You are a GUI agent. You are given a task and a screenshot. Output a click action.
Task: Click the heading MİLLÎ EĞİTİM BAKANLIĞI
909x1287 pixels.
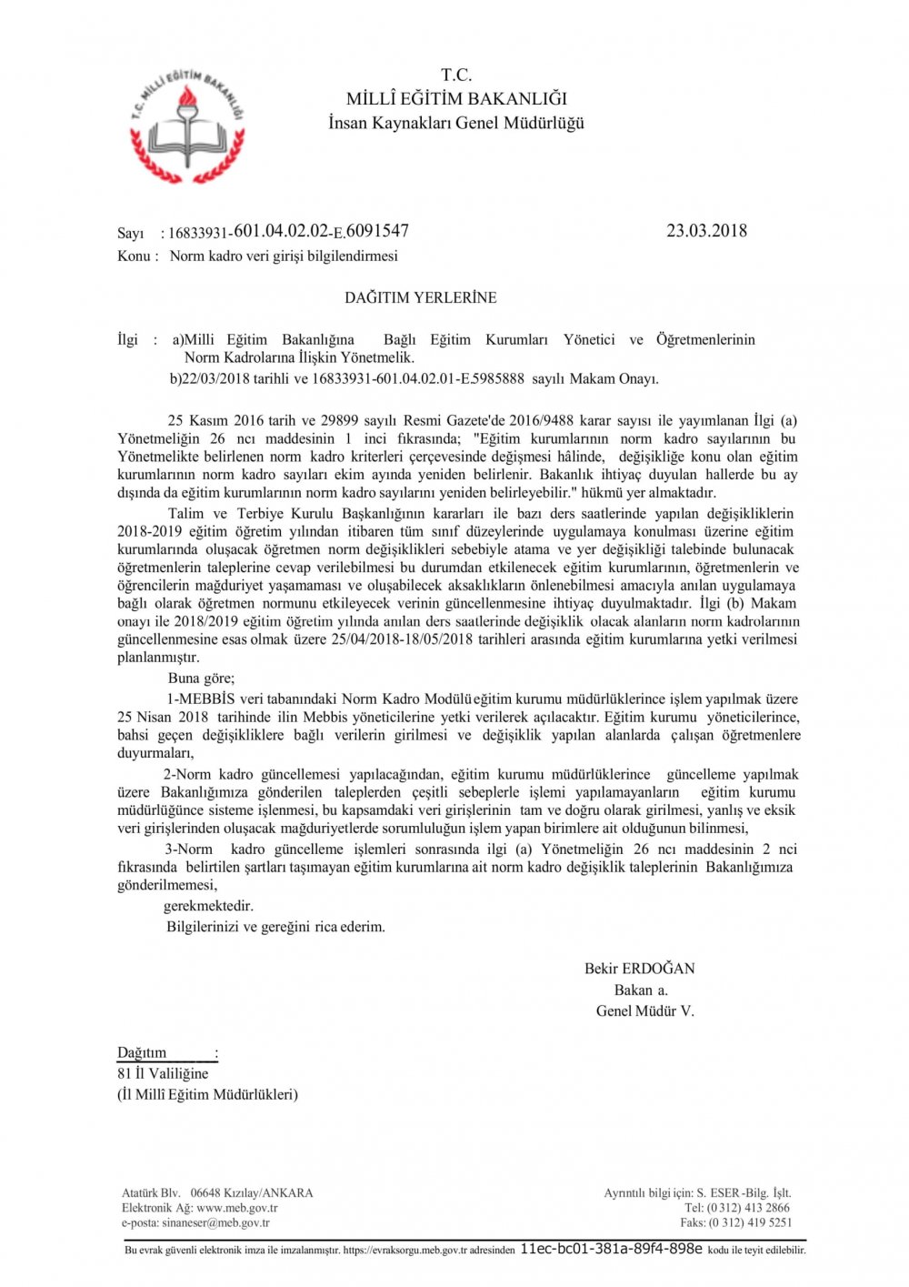(x=456, y=99)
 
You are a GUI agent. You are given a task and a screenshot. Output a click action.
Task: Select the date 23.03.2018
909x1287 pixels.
(x=706, y=231)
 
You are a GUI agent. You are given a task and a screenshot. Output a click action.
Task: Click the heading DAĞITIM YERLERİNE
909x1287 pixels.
(x=420, y=297)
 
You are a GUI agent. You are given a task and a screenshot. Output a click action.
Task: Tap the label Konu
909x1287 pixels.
(x=134, y=256)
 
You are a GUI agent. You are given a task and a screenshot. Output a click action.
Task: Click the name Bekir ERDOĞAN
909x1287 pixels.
(x=639, y=969)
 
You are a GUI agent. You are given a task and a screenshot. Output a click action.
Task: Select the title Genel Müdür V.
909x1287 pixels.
(x=644, y=1010)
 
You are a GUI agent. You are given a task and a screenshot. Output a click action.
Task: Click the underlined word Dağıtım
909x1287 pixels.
(x=142, y=1053)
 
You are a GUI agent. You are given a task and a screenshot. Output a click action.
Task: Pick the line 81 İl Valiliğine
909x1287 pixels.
(x=163, y=1073)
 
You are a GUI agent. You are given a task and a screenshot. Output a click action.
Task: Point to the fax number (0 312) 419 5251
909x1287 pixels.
(x=750, y=1222)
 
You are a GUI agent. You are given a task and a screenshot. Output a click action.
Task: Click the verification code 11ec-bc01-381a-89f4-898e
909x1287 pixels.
(x=611, y=1249)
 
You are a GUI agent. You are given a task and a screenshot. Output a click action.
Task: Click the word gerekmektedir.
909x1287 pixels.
(x=208, y=906)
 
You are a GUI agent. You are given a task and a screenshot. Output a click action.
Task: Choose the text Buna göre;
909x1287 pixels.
(x=201, y=679)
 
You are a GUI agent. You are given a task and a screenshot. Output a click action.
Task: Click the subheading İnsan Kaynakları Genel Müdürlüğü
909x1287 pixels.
(x=456, y=123)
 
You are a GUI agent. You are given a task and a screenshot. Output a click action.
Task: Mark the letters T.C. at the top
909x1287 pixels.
(x=456, y=75)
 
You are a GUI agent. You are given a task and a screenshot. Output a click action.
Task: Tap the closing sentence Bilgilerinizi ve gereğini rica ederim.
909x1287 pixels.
(x=275, y=927)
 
